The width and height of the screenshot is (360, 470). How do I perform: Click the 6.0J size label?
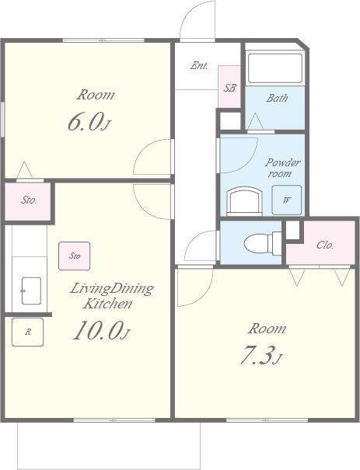(89, 121)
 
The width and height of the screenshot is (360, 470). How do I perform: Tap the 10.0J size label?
(101, 330)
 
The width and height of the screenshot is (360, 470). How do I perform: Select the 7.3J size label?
(261, 355)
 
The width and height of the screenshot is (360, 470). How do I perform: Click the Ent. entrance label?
(199, 65)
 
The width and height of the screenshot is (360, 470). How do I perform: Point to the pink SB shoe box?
(229, 87)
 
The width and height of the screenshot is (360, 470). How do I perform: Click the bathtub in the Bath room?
(275, 68)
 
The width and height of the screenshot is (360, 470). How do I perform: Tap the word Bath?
(277, 98)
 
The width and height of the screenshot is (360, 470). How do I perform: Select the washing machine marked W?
(286, 200)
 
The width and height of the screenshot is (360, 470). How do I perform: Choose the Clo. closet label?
(325, 245)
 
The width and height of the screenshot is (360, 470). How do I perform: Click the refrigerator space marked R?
(27, 332)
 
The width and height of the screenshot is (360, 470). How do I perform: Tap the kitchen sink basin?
(31, 291)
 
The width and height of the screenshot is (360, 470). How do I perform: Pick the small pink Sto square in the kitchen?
(75, 256)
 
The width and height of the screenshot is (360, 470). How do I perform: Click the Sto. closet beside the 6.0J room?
(28, 201)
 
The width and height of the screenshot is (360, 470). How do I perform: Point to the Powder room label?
(282, 168)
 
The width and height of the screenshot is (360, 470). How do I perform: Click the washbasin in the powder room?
(244, 201)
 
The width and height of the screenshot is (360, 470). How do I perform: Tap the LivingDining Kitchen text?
(112, 296)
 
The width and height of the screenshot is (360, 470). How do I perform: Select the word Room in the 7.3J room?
(267, 329)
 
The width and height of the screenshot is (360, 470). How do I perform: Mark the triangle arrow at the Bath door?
(256, 121)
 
